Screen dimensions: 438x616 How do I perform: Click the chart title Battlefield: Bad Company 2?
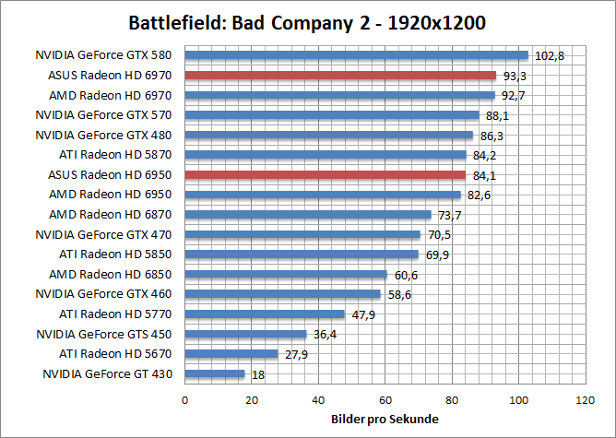(307, 22)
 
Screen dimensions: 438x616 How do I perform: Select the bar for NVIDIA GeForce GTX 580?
(357, 55)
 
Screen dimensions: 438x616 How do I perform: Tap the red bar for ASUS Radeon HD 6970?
(340, 75)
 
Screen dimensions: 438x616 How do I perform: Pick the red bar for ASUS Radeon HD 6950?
(326, 174)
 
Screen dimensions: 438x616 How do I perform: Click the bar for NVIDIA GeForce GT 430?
(215, 373)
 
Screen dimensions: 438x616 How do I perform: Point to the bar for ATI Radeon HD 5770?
(265, 314)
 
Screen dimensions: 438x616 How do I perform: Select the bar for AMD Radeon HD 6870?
(308, 214)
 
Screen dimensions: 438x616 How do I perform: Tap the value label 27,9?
(297, 354)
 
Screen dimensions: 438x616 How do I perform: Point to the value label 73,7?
(449, 215)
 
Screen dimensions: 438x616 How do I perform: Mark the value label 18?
(258, 374)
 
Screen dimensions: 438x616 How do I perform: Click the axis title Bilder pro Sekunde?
(385, 420)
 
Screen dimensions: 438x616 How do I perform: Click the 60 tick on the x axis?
(385, 401)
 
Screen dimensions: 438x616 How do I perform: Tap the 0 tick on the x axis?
(185, 401)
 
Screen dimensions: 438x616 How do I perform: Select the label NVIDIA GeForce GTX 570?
(106, 114)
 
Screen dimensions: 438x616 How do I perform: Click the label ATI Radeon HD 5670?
(116, 353)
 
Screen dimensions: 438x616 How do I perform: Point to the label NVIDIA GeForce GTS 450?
(106, 333)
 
